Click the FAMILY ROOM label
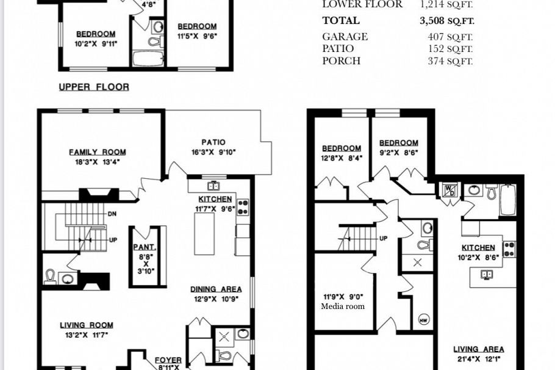[98, 152]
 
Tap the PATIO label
[213, 142]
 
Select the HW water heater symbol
[424, 319]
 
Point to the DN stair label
[112, 214]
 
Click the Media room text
[343, 307]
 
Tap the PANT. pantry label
[145, 247]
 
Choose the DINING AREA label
[216, 289]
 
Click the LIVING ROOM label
[87, 325]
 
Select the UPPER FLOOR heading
[94, 87]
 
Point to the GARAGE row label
[345, 37]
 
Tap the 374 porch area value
[435, 61]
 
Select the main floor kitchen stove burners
[243, 208]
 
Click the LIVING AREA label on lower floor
[479, 349]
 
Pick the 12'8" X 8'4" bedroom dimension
[342, 158]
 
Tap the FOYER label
[168, 360]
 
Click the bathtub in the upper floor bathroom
[148, 59]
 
